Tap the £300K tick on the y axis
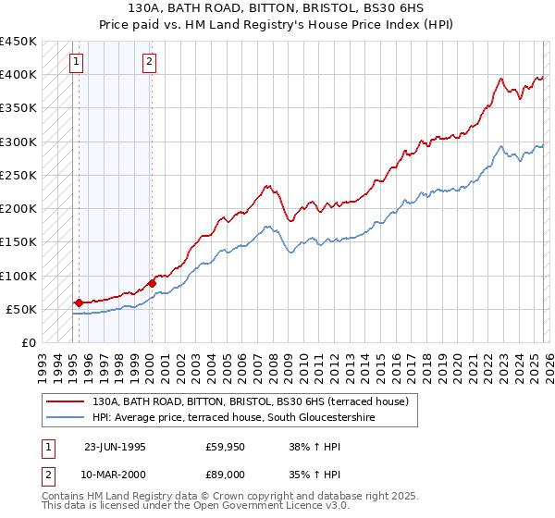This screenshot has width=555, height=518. (18, 142)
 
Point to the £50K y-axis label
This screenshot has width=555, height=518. (21, 309)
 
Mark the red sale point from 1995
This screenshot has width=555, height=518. (79, 302)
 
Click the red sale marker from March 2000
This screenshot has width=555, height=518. (152, 283)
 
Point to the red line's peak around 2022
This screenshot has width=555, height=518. (499, 79)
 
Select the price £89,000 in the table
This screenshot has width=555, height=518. (226, 474)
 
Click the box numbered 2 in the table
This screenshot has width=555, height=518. (49, 474)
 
